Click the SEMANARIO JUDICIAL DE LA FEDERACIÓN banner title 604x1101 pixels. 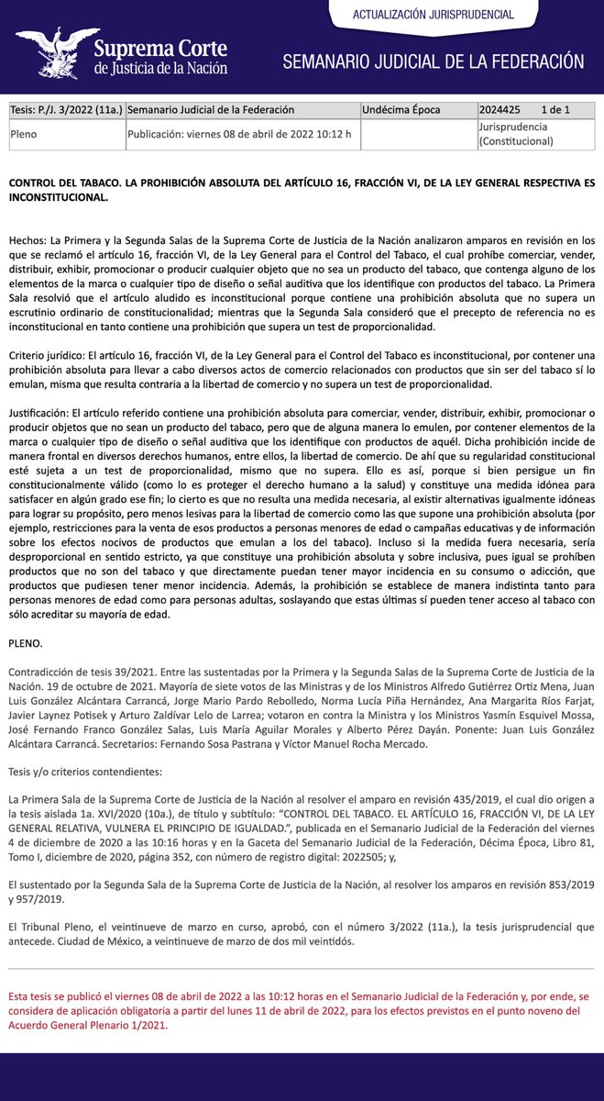[433, 61]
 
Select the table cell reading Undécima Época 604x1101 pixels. [401, 110]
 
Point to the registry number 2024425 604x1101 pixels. [500, 110]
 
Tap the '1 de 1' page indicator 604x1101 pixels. [555, 110]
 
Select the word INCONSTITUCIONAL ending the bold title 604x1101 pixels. [58, 196]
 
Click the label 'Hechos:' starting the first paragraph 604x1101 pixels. [28, 239]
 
